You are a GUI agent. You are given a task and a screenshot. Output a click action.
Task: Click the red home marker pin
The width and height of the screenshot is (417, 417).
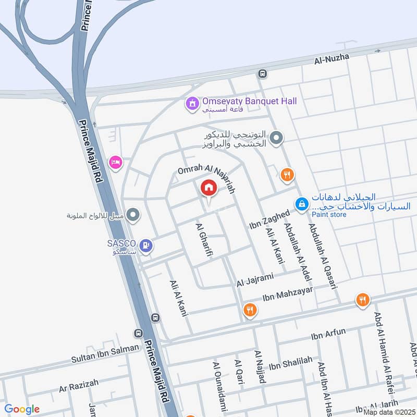coord(208,188)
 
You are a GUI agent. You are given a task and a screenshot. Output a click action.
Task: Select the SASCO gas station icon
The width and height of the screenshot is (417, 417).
coord(148,243)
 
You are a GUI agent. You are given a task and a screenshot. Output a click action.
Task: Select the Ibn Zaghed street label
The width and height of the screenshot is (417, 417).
coord(269,222)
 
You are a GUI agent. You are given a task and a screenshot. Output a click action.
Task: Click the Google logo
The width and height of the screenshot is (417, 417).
coord(22,409)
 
